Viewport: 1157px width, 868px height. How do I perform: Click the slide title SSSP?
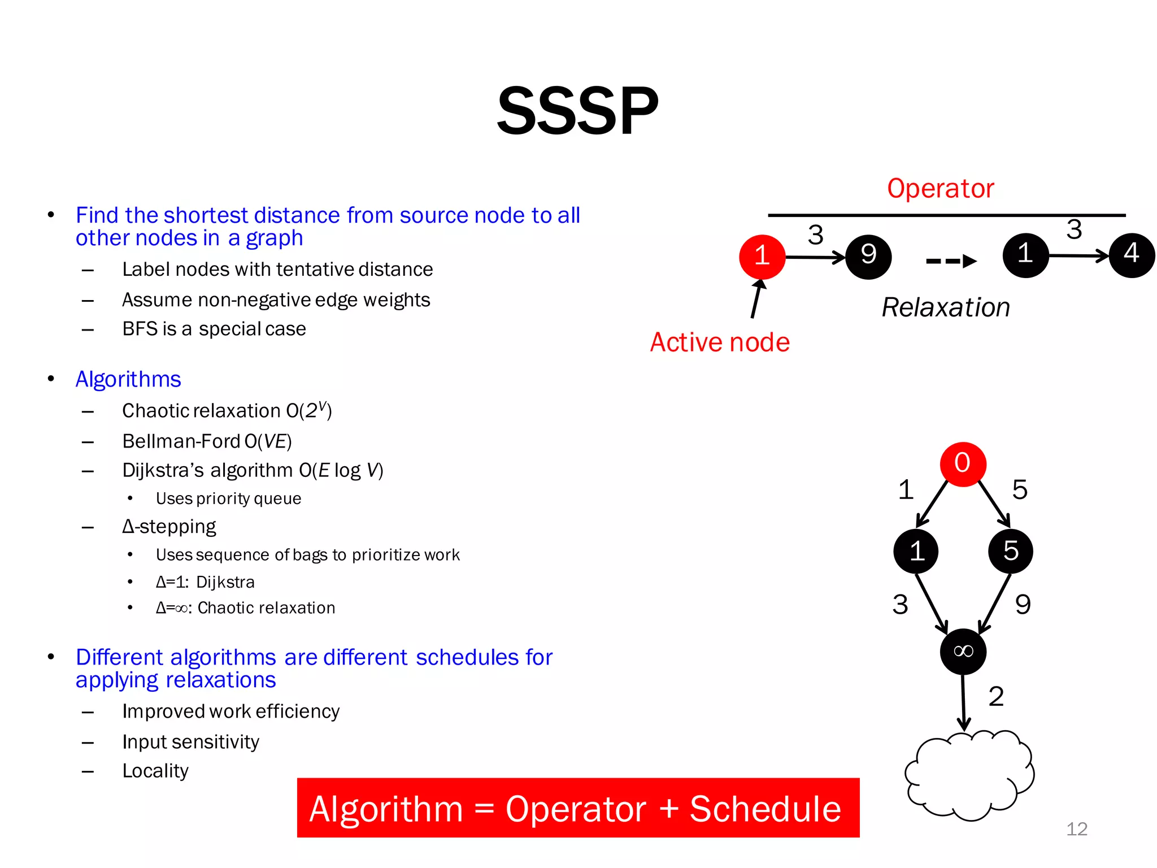coord(577,111)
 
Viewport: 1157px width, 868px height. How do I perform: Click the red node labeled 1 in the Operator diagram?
coord(762,257)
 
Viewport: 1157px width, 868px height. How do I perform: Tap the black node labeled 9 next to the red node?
coord(868,257)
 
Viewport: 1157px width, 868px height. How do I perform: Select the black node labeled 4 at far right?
coord(1132,255)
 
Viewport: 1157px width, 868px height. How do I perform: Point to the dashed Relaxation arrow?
coord(951,261)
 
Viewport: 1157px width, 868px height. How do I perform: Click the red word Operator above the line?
coord(940,188)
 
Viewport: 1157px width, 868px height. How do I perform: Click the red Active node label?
coord(720,342)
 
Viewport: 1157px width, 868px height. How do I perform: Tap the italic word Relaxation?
coord(946,307)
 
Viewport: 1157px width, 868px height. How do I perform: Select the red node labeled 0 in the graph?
coord(963,464)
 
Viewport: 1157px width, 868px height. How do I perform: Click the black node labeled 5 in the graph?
coord(1010,551)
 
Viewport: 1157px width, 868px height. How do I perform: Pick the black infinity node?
coord(963,652)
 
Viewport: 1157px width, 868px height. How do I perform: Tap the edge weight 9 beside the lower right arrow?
coord(1023,605)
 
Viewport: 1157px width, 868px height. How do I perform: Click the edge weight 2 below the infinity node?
coord(996,696)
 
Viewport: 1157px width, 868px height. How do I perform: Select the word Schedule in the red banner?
coord(765,809)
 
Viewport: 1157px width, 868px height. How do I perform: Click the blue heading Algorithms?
coord(128,379)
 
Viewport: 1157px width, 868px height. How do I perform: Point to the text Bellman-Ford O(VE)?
coord(207,441)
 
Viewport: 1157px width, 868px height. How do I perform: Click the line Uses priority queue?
coord(228,498)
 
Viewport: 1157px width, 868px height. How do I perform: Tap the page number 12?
coord(1076,828)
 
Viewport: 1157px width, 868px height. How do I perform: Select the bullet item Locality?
coord(155,771)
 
